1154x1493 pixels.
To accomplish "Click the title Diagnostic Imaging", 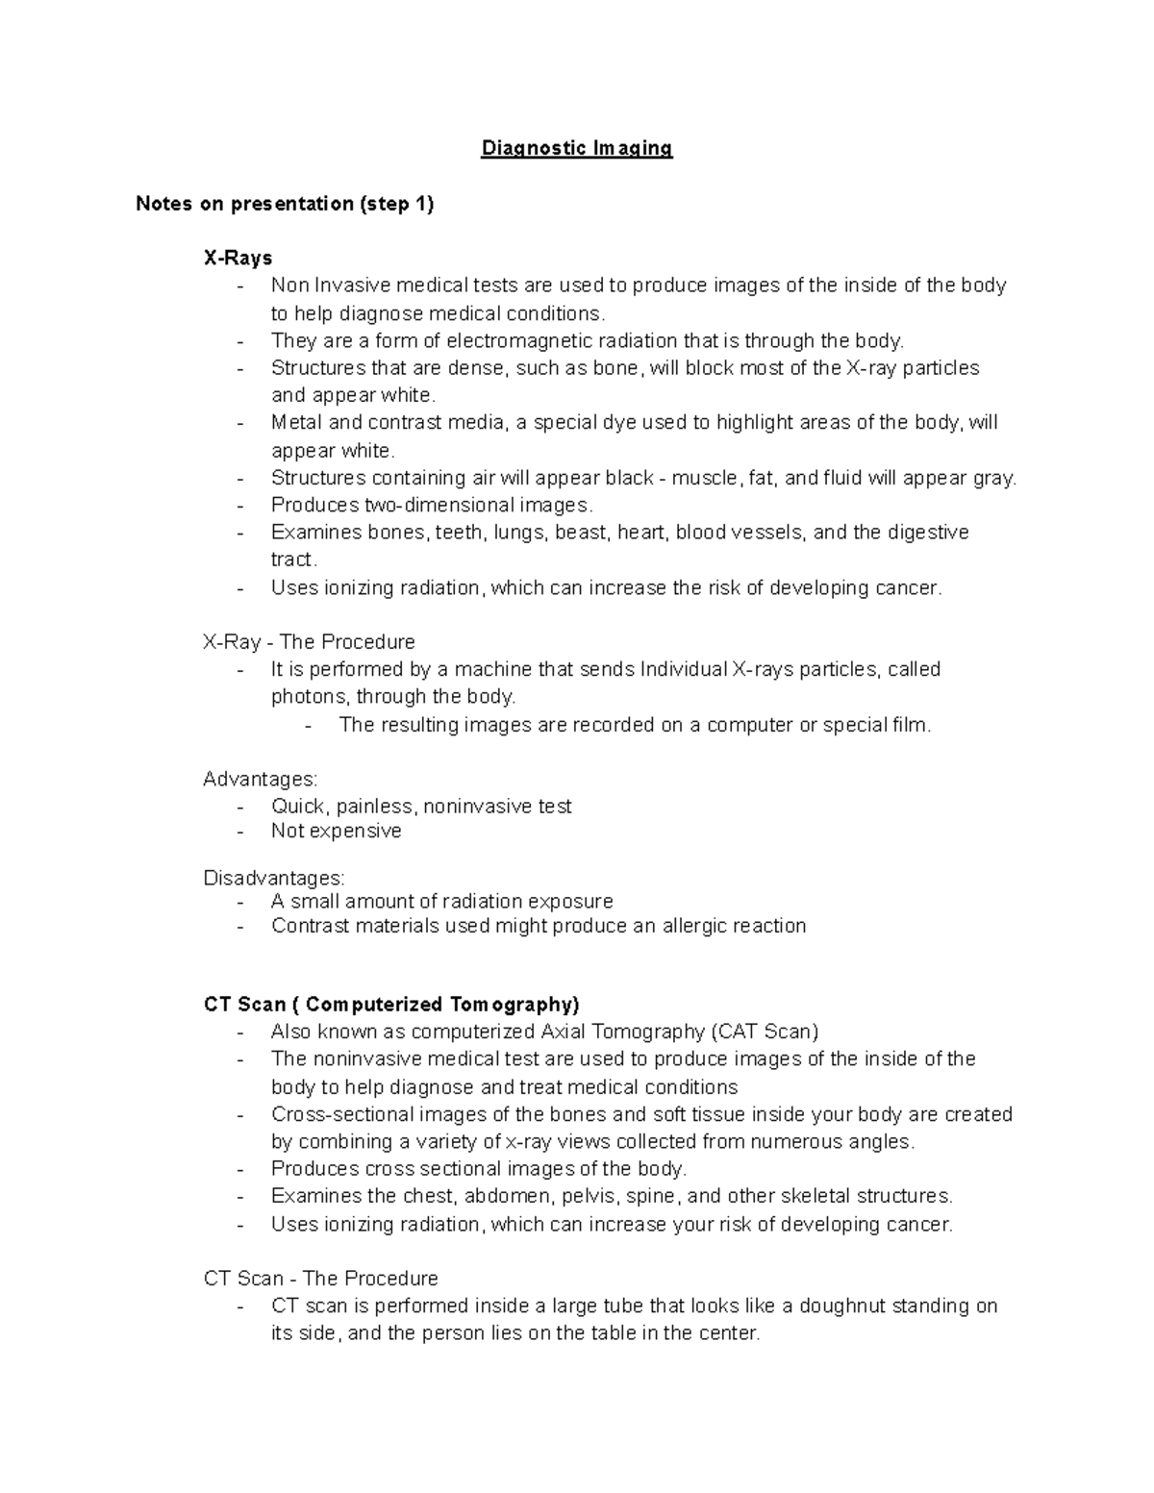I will click(576, 148).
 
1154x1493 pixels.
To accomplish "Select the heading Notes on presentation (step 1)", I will click(285, 203).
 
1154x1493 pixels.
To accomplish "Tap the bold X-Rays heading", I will click(238, 258).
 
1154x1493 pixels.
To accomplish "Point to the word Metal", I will click(297, 422).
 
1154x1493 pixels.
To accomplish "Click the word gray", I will click(993, 478).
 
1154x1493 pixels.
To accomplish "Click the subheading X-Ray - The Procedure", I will click(309, 641).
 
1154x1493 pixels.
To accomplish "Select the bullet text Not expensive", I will click(336, 831).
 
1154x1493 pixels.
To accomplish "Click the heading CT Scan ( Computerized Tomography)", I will click(391, 1005).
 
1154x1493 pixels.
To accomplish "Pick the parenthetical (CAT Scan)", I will click(765, 1032).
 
